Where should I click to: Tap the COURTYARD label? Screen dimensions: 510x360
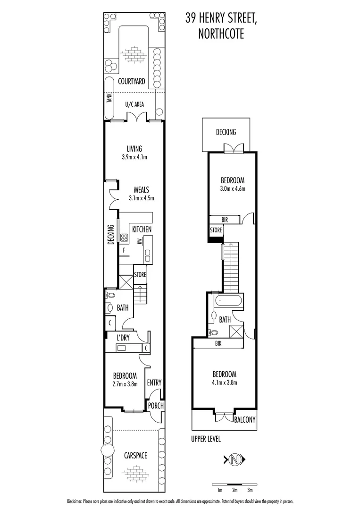click(132, 82)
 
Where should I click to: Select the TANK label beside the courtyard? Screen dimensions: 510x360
click(109, 98)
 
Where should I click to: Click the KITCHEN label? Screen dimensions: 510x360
click(142, 229)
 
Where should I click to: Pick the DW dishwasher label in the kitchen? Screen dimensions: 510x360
click(140, 242)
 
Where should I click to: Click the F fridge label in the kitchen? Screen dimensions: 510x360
click(124, 251)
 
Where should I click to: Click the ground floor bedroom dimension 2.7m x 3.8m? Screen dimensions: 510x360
click(125, 384)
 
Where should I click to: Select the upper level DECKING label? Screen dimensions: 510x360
click(226, 132)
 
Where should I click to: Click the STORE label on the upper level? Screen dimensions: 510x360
click(216, 230)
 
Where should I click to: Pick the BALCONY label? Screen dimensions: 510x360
click(244, 419)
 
